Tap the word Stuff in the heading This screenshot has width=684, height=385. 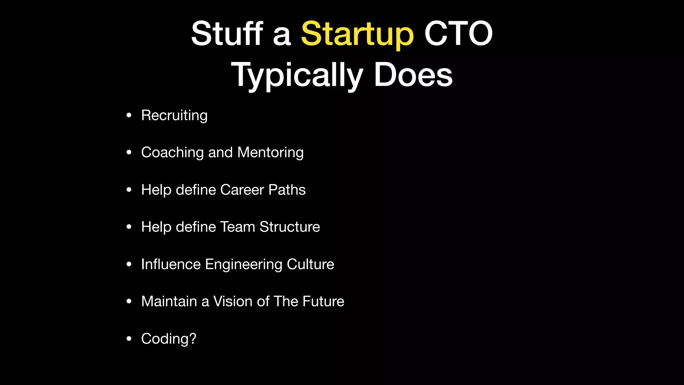[227, 33]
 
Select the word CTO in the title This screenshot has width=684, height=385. [458, 33]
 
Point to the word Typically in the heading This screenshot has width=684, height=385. [297, 76]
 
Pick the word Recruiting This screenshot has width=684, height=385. [174, 116]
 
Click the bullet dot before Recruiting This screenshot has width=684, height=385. [129, 116]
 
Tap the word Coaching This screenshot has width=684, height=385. [172, 153]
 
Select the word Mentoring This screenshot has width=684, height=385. [271, 153]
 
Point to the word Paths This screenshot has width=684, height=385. [287, 190]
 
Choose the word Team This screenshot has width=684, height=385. [237, 227]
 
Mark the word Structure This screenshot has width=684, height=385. [290, 227]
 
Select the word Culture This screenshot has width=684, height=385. [310, 264]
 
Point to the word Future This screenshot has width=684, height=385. [323, 301]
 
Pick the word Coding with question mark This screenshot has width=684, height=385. [169, 339]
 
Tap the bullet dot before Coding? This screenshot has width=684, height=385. [129, 339]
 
